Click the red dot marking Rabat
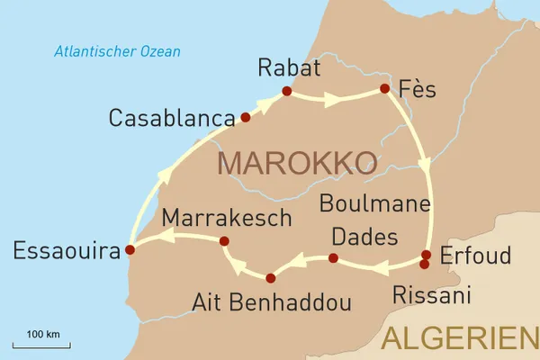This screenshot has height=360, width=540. pyautogui.click(x=286, y=91)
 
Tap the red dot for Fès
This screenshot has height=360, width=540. pyautogui.click(x=384, y=88)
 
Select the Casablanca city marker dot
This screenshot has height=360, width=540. pyautogui.click(x=245, y=117)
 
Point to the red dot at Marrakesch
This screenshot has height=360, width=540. pyautogui.click(x=224, y=240)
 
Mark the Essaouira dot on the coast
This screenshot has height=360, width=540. pyautogui.click(x=130, y=249)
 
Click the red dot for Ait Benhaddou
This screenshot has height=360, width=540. pyautogui.click(x=270, y=277)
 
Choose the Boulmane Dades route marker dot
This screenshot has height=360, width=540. pyautogui.click(x=333, y=258)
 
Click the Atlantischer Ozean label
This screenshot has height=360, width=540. pyautogui.click(x=117, y=51)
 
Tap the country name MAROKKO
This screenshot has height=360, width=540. pyautogui.click(x=297, y=163)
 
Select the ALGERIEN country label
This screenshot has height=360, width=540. pyautogui.click(x=459, y=338)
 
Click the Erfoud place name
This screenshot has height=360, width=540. pyautogui.click(x=474, y=254)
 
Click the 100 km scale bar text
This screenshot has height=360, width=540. pyautogui.click(x=42, y=335)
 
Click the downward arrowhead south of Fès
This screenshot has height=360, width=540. pyautogui.click(x=427, y=166)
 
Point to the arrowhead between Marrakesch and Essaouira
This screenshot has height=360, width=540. pyautogui.click(x=166, y=237)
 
